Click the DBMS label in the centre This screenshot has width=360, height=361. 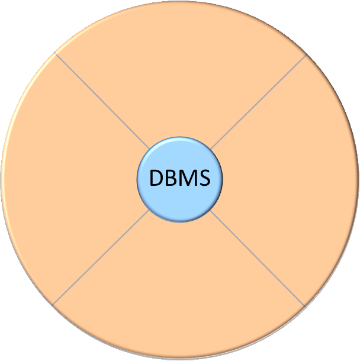(x=179, y=178)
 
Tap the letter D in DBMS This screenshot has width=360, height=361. (x=155, y=178)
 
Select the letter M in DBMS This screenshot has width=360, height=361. (x=187, y=178)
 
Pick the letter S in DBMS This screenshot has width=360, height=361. (x=203, y=178)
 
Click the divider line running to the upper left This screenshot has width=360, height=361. (x=102, y=101)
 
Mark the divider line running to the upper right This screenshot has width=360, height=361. (x=258, y=101)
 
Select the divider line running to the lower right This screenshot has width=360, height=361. (x=257, y=257)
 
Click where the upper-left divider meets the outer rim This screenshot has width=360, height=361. (x=55, y=53)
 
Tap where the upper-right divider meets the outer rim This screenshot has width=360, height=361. (x=306, y=55)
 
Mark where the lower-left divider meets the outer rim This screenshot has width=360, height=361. (x=53, y=304)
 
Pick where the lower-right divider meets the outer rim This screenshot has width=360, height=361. (x=304, y=305)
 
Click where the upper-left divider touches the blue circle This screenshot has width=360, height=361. (x=149, y=149)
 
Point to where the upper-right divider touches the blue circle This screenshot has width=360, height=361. (x=211, y=149)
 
